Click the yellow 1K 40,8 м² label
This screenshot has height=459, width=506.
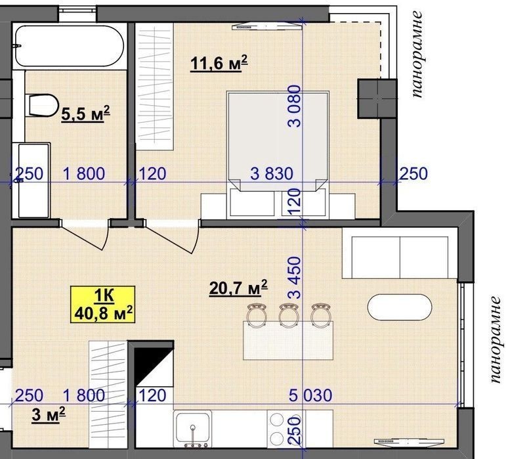point(103,305)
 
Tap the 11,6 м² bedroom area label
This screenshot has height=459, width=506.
point(219,63)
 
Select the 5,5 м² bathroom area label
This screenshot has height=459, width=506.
point(85,114)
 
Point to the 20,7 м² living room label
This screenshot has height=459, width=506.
point(238,288)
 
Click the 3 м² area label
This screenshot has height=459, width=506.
point(49,415)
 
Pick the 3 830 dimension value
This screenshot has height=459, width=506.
point(272,173)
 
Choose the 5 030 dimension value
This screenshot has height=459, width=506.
point(310,395)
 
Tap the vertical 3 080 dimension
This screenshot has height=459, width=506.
point(294,106)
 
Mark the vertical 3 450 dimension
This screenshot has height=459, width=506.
point(294,277)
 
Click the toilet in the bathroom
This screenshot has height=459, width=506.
point(43,106)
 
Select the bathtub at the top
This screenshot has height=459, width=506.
point(70,46)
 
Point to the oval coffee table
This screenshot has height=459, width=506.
point(400,307)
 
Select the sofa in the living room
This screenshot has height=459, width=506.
point(400,253)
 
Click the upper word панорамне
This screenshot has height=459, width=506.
point(417,55)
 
